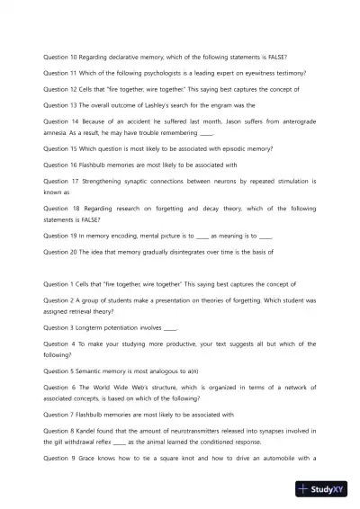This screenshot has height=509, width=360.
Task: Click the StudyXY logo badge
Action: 325,489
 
